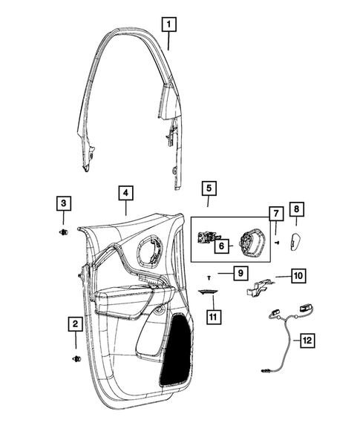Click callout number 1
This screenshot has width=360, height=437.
(170, 24)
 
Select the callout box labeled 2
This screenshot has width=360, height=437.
(75, 323)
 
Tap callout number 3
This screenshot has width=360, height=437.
(64, 203)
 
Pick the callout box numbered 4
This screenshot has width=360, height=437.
(126, 193)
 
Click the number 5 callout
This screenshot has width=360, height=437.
(209, 189)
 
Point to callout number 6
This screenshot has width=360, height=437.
(221, 247)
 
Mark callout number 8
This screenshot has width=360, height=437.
(295, 210)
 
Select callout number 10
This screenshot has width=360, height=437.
(296, 276)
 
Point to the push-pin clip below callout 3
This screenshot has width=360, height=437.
(62, 233)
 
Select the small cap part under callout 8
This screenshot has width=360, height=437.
(292, 239)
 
